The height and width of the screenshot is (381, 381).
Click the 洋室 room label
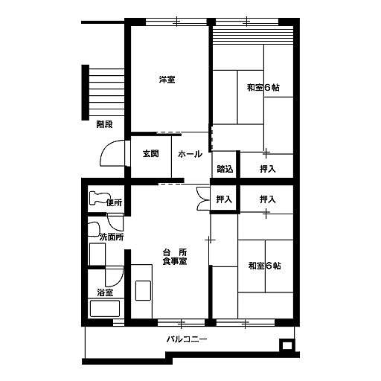coord(167,80)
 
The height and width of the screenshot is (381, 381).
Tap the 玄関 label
coord(150,154)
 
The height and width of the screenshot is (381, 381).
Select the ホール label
coord(190,154)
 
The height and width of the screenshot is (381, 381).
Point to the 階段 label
coord(104,124)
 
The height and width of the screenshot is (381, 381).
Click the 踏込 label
coord(225,169)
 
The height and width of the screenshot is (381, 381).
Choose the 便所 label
coord(114,202)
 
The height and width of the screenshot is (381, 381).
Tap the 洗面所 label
coord(112,237)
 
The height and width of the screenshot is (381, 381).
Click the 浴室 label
coord(105,292)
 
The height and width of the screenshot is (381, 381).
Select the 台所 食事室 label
coord(175,257)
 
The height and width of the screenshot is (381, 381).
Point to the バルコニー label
coord(187,339)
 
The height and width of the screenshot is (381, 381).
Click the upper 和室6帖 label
coord(263,88)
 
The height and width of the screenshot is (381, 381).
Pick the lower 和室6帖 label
coord(265,266)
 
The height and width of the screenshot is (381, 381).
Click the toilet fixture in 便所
coord(98,198)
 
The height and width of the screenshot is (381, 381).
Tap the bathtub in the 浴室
coord(105,308)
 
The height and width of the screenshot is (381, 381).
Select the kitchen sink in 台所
coord(143,290)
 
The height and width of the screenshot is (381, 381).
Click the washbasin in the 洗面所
coord(94,229)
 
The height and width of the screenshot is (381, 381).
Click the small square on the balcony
coord(287,345)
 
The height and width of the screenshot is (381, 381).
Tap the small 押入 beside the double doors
coord(224,199)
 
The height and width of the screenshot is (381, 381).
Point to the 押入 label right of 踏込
coord(268,169)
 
